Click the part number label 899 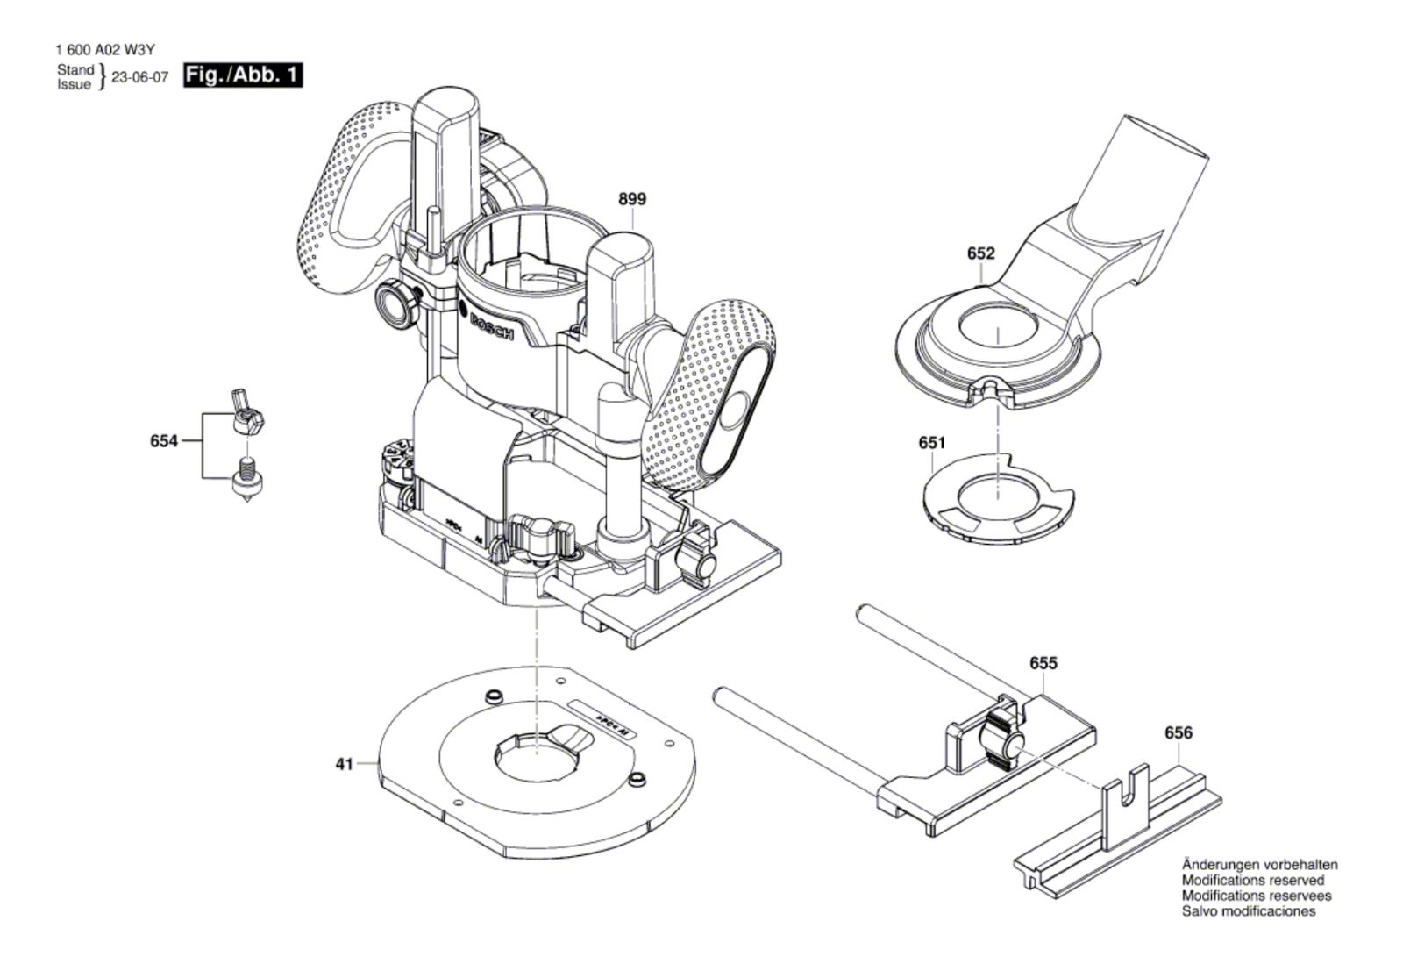click(x=631, y=199)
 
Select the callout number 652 click(x=980, y=253)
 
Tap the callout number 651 click(x=931, y=443)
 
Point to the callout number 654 click(x=164, y=440)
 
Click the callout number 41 click(x=344, y=764)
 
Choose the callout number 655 click(x=1043, y=663)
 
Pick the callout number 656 click(x=1178, y=732)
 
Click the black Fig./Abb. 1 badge click(x=242, y=75)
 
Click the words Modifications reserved click(x=1252, y=880)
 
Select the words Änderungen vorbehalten click(x=1259, y=864)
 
